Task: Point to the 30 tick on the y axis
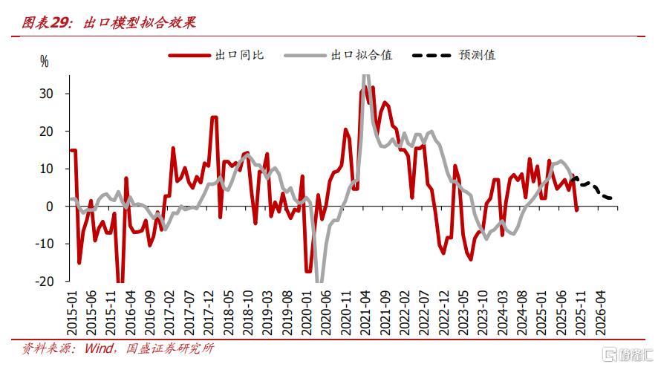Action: pos(46,94)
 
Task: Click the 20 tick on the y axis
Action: pos(46,131)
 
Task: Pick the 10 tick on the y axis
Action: pos(46,169)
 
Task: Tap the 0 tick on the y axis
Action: pos(49,207)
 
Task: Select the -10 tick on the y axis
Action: pos(45,244)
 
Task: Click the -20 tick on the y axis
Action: pos(45,282)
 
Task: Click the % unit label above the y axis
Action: pos(44,62)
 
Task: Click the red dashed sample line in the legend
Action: pos(189,55)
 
